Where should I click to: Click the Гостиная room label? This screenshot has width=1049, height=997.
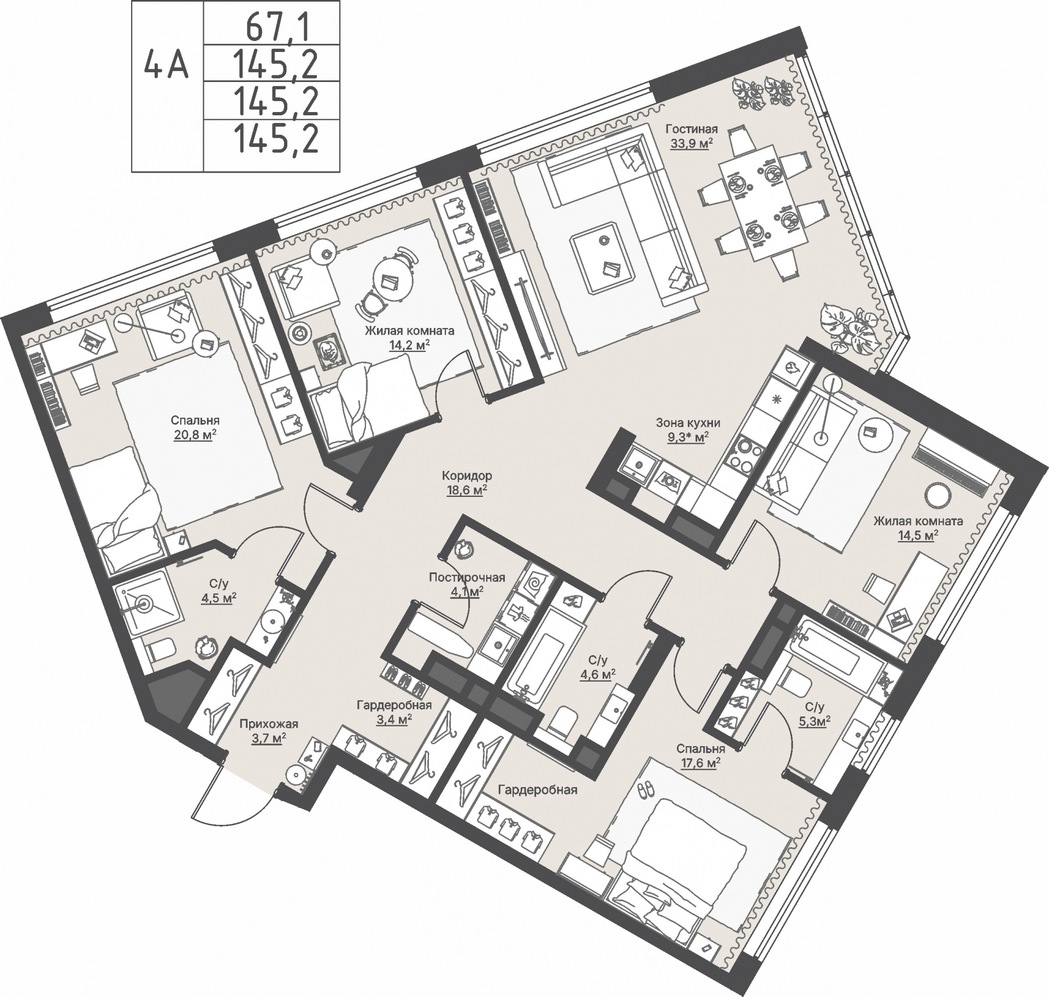pyautogui.click(x=691, y=130)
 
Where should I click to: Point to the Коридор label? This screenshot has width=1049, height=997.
pyautogui.click(x=467, y=476)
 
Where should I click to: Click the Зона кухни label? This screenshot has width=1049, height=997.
pyautogui.click(x=688, y=423)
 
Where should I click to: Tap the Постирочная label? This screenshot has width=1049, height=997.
pyautogui.click(x=467, y=577)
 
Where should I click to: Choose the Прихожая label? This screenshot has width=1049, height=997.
pyautogui.click(x=269, y=724)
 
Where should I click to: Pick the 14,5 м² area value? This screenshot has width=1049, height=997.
pyautogui.click(x=917, y=535)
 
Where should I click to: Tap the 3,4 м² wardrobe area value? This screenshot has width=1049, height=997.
pyautogui.click(x=394, y=719)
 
